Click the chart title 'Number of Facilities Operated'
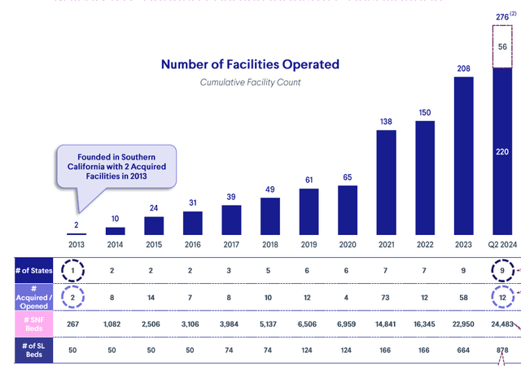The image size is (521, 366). click(x=250, y=64)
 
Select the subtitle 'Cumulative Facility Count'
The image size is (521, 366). click(x=250, y=82)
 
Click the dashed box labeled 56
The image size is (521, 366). click(x=503, y=47)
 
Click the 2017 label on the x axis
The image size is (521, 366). click(x=231, y=243)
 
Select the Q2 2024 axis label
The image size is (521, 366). click(x=503, y=243)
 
